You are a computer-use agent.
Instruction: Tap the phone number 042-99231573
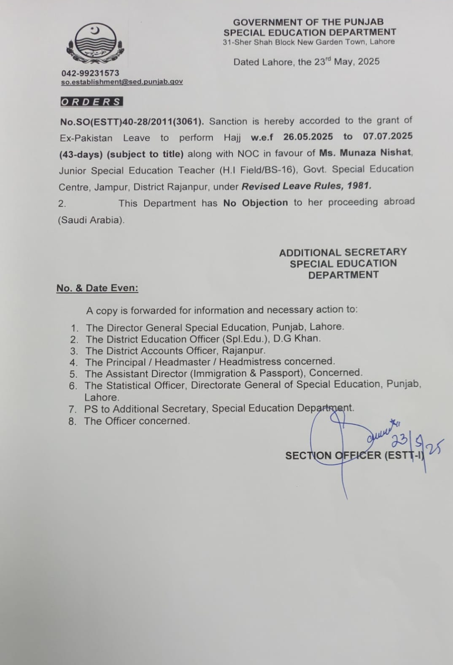tap(90, 73)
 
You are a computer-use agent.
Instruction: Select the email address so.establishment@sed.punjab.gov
tap(122, 81)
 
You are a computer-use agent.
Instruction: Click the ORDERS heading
tap(91, 102)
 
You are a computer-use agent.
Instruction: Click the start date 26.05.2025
tap(308, 137)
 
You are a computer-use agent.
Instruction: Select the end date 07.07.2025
tap(388, 136)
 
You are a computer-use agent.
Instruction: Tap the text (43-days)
tap(80, 154)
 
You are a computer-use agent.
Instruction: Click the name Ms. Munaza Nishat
tap(365, 152)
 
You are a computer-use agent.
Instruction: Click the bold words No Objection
tap(255, 203)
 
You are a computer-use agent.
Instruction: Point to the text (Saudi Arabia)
tap(91, 220)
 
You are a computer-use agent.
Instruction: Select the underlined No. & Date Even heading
tap(97, 288)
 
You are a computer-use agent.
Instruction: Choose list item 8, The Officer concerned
tap(137, 421)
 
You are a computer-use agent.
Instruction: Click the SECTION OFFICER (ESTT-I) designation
tap(354, 455)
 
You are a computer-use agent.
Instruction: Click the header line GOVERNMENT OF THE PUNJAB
tap(308, 22)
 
